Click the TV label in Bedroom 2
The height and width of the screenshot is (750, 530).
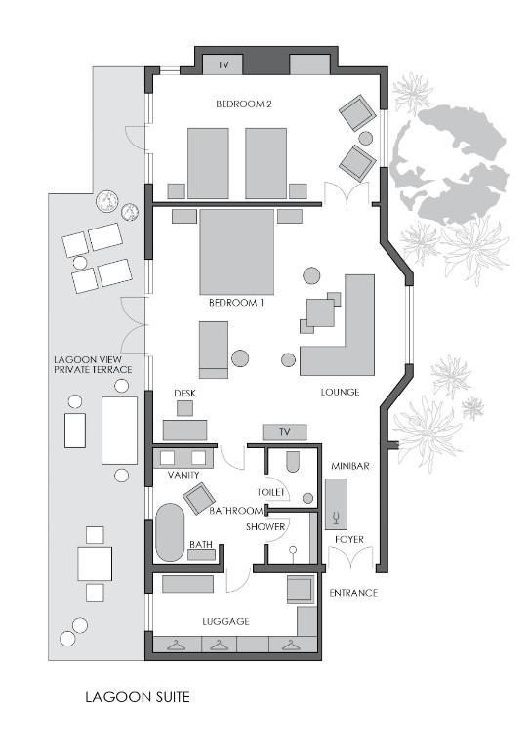click(x=224, y=65)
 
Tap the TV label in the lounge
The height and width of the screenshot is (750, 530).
click(x=284, y=432)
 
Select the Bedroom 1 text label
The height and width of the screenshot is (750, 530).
click(x=236, y=303)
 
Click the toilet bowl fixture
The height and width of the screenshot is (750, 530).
click(x=293, y=462)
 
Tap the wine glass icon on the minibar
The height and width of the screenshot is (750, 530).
click(x=337, y=517)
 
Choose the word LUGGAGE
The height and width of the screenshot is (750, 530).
click(x=225, y=621)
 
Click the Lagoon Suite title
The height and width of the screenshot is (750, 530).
click(x=138, y=697)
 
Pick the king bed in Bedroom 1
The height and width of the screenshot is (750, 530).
click(x=237, y=252)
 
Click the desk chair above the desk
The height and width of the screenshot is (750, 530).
click(x=184, y=408)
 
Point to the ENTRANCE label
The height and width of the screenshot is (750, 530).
click(x=353, y=593)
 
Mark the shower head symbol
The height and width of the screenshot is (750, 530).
click(x=293, y=551)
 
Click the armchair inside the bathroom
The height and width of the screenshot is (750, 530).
click(x=199, y=498)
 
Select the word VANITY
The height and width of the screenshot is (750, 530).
click(x=183, y=475)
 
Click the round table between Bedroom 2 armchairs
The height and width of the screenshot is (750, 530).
click(x=366, y=139)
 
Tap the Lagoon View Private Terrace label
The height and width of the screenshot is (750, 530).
click(x=93, y=364)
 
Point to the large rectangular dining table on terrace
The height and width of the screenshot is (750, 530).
click(x=119, y=431)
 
